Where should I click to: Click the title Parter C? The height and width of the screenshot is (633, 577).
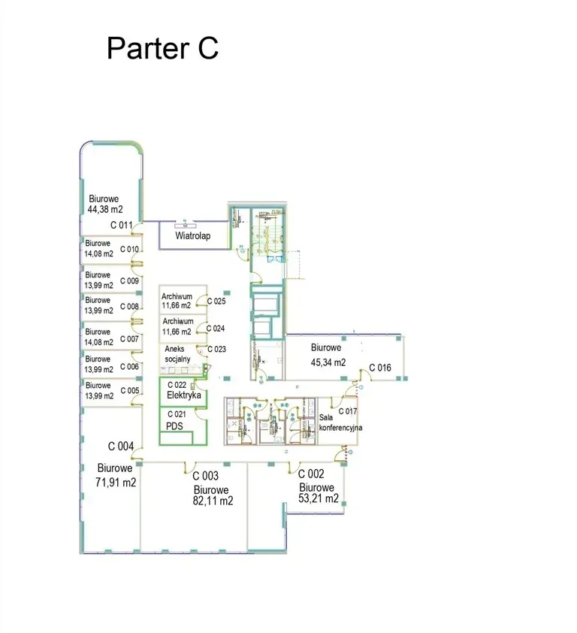click(162, 48)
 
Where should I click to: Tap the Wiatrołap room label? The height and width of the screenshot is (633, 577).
click(193, 236)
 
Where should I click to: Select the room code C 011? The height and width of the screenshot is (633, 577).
click(122, 225)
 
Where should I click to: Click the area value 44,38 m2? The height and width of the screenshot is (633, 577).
click(105, 209)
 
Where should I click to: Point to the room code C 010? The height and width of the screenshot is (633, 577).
click(129, 250)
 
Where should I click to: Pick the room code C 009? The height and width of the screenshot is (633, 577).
click(129, 281)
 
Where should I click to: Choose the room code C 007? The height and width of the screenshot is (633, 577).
click(129, 339)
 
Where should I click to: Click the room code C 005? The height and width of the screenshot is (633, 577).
click(130, 390)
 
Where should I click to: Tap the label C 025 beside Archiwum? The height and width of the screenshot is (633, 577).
click(216, 301)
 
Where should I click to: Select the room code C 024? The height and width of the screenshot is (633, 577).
click(216, 329)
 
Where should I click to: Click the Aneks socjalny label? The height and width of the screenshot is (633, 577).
click(177, 353)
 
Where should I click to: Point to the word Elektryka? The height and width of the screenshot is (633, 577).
click(184, 395)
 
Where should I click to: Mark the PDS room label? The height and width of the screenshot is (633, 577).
click(174, 426)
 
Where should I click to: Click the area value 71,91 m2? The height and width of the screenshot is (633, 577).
click(116, 482)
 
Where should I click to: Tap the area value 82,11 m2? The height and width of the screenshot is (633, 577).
click(213, 501)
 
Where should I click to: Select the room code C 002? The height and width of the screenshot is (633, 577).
click(311, 474)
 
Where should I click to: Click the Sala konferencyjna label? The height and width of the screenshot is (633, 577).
click(340, 423)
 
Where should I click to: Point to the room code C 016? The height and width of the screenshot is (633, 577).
click(380, 368)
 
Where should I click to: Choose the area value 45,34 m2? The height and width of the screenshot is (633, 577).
click(328, 362)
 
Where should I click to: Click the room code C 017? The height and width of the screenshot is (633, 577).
click(348, 411)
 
